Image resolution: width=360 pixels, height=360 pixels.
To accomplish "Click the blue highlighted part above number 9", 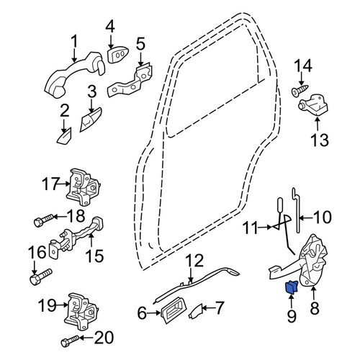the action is pyautogui.click(x=291, y=287).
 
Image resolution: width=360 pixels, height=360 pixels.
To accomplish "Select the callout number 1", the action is pyautogui.click(x=74, y=41).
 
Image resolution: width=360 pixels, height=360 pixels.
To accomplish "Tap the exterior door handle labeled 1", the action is pyautogui.click(x=75, y=74).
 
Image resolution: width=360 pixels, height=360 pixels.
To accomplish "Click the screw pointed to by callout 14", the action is pyautogui.click(x=300, y=90).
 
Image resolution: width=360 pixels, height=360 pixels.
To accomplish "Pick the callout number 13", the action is pyautogui.click(x=320, y=140).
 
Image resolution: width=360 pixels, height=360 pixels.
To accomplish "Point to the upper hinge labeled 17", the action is pyautogui.click(x=83, y=187).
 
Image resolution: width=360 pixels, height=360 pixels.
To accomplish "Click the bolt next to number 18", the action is pyautogui.click(x=44, y=220).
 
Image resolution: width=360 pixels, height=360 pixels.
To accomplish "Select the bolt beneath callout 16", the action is pyautogui.click(x=40, y=276).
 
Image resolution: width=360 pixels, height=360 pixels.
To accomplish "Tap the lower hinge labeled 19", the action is pyautogui.click(x=81, y=312).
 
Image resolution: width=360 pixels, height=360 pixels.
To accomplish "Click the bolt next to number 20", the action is pyautogui.click(x=70, y=341).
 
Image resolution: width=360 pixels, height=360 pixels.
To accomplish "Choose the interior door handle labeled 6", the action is pyautogui.click(x=172, y=310).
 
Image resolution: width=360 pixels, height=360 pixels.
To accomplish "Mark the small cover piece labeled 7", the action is pyautogui.click(x=195, y=312).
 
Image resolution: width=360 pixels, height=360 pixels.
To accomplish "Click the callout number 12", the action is pyautogui.click(x=195, y=261).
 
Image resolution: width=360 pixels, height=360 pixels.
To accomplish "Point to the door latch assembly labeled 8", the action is pyautogui.click(x=312, y=261).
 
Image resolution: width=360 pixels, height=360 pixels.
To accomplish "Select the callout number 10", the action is pyautogui.click(x=323, y=217).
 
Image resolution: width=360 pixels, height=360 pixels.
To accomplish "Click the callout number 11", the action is pyautogui.click(x=251, y=228).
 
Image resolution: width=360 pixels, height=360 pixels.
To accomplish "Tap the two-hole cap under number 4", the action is pyautogui.click(x=117, y=55).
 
